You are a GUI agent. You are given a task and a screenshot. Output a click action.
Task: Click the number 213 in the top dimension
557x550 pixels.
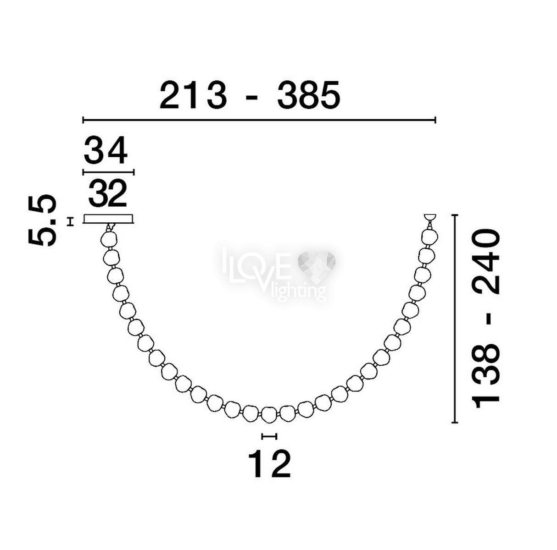pos(193,95)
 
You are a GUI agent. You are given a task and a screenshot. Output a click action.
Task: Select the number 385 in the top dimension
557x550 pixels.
pos(308,95)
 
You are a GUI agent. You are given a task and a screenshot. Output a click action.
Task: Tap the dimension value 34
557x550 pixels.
pos(106,150)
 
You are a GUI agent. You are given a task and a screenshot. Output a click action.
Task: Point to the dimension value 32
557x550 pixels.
pos(107,193)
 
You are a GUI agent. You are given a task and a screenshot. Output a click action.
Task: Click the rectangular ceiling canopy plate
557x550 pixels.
pos(109,219)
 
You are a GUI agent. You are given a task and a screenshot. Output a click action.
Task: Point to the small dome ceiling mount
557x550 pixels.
pos(430,217)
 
